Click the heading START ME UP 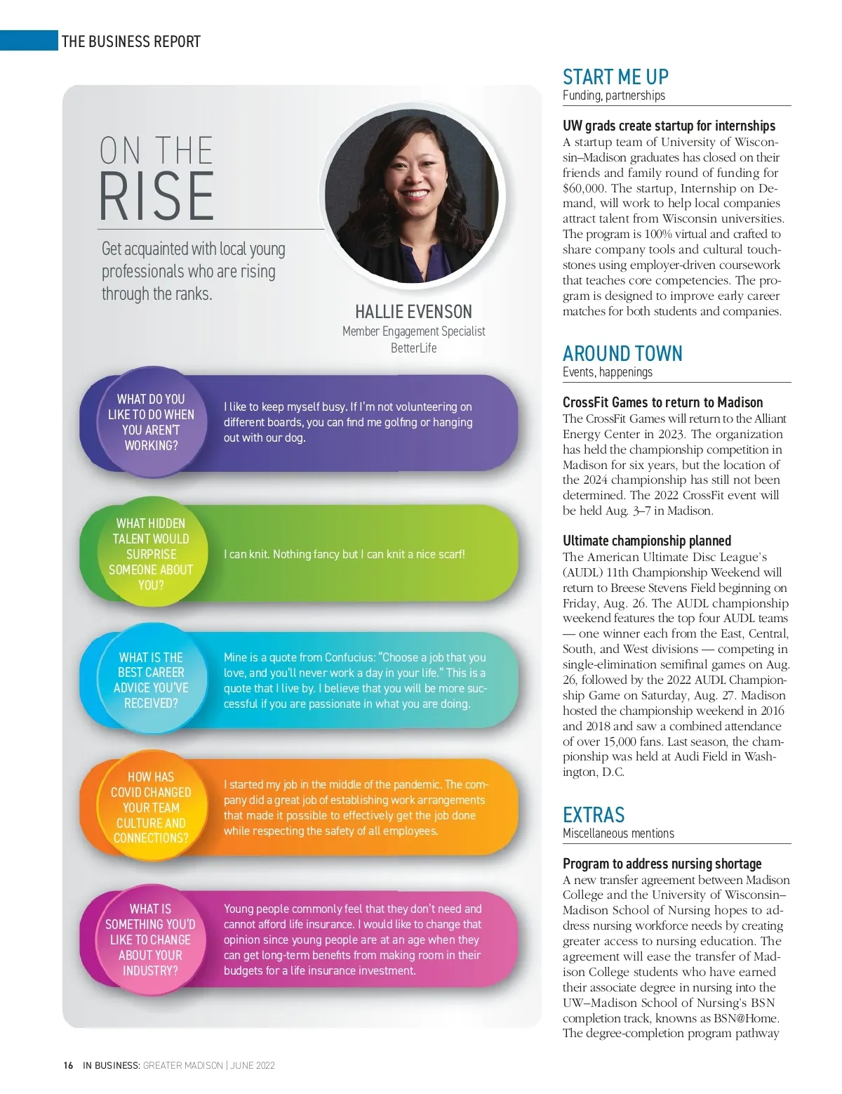[615, 77]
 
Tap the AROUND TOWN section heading [622, 353]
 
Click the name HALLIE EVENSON [413, 312]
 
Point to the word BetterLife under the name [413, 348]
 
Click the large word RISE [156, 197]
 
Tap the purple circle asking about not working [151, 422]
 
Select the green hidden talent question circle [151, 554]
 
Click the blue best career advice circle [151, 680]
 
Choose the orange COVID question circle [151, 808]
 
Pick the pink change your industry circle [151, 940]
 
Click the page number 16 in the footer [68, 1065]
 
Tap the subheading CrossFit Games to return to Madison [662, 402]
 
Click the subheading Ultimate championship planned [646, 541]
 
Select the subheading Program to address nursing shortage [662, 864]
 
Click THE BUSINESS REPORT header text [131, 41]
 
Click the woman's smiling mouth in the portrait [415, 195]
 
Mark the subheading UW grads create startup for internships [669, 126]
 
